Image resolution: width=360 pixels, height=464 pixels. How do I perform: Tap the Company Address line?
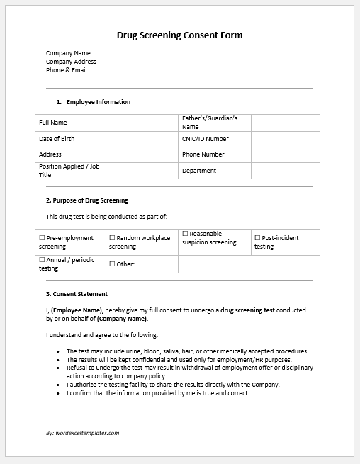[x=71, y=62]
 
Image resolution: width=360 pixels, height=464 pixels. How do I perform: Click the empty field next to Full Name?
[x=141, y=123]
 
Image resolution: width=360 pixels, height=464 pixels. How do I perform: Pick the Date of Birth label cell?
[x=57, y=139]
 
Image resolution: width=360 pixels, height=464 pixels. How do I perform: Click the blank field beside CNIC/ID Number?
[x=285, y=139]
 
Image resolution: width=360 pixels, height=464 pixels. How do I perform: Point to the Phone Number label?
[x=203, y=154]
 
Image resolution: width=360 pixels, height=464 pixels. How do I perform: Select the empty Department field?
[x=285, y=171]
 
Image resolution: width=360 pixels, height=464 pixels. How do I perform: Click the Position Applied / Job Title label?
[x=68, y=171]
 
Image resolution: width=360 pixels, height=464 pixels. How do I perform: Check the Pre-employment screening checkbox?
[x=42, y=238]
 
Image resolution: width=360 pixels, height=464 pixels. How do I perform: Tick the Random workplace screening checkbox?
[x=112, y=238]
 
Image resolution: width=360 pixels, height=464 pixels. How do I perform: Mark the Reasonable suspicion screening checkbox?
[x=185, y=234]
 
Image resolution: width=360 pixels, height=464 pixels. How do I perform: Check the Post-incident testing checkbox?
[x=257, y=238]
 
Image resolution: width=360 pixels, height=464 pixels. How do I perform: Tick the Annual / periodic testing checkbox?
[x=42, y=260]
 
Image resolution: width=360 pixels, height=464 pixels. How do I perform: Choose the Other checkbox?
[x=112, y=264]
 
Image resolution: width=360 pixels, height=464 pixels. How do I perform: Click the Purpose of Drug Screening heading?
[x=87, y=200]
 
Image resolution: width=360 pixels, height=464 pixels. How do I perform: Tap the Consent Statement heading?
[x=77, y=293]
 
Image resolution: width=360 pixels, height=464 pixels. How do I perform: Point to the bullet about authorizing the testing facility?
[x=173, y=385]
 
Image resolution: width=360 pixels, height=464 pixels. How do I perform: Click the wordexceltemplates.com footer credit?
[x=82, y=432]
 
